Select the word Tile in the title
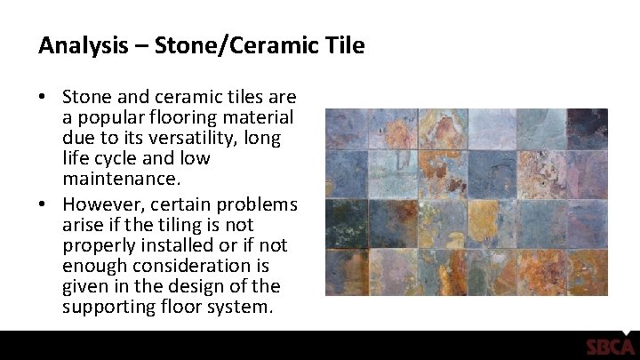tap(344, 45)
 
